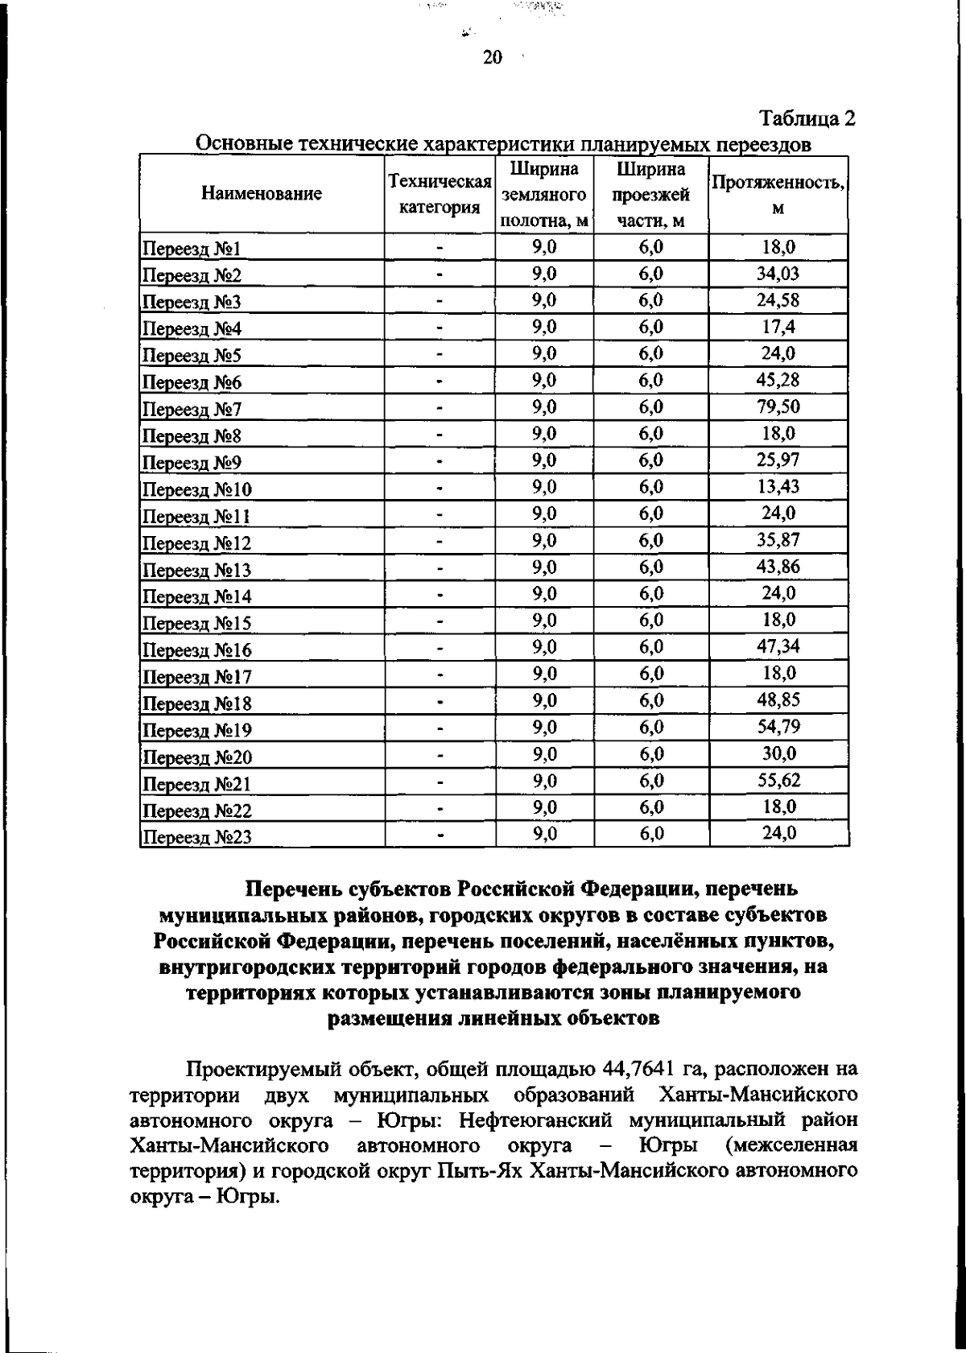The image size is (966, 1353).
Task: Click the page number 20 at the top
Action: coord(492,57)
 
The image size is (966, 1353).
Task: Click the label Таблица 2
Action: coord(807,119)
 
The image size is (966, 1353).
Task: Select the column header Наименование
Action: coord(262,194)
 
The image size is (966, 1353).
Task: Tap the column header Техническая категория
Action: coord(440,195)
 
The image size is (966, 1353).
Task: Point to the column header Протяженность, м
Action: coord(778,195)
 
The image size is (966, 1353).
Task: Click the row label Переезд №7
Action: coord(192,410)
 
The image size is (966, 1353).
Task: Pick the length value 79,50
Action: coord(778,406)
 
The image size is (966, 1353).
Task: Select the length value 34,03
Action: coord(778,274)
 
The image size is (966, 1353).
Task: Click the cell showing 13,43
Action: coord(778,486)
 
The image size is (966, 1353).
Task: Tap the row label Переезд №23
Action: coord(196,838)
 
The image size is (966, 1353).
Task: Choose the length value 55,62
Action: coord(778,780)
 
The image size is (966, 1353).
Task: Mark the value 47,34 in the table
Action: coord(778,646)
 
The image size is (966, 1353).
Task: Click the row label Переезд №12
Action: coord(196,543)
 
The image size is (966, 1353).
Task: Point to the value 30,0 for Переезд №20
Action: coord(778,753)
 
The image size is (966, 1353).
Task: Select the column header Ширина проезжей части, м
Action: coord(650,195)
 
